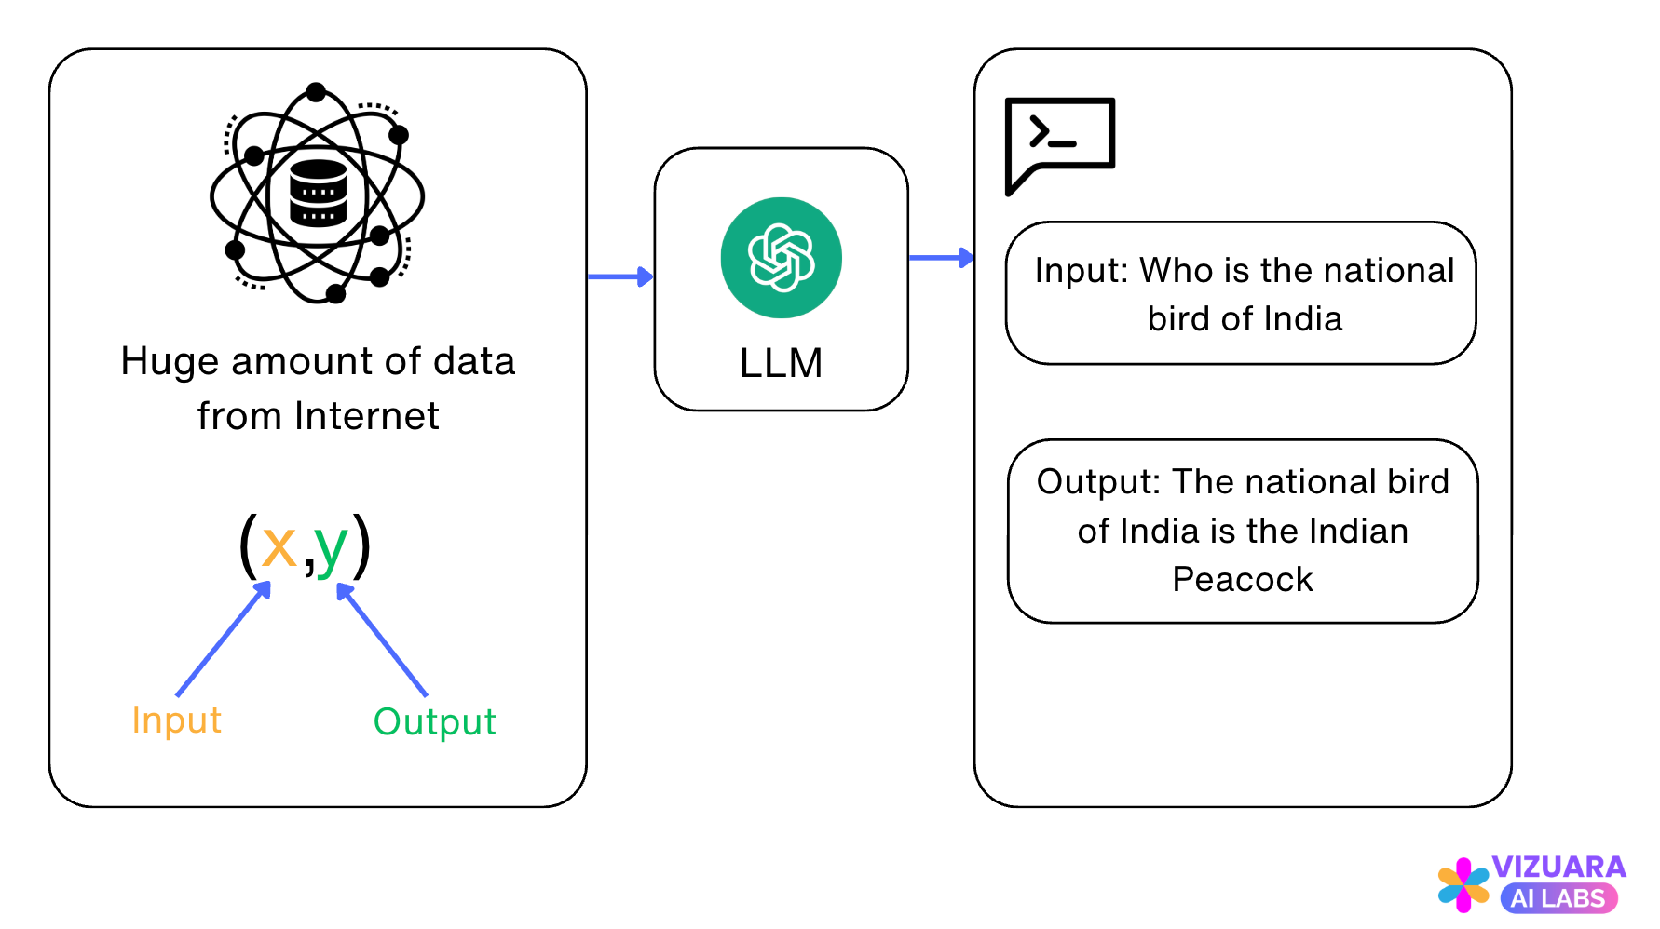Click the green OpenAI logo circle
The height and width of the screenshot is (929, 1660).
(781, 258)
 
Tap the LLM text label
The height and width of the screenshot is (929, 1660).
(781, 363)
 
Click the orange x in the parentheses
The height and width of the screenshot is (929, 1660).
(279, 546)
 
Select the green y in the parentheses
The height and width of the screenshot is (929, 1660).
(331, 547)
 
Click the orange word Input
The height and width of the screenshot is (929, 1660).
(176, 720)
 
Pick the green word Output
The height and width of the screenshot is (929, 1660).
(434, 722)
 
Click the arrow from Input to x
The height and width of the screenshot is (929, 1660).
(223, 640)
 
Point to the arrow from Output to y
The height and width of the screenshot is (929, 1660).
(382, 640)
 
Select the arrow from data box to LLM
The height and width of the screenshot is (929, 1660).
(620, 276)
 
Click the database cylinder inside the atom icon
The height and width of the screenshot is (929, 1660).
(318, 194)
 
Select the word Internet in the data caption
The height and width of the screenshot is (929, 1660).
(366, 416)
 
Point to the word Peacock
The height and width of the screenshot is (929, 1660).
(1243, 580)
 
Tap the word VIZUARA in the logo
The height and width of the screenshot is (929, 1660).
(1558, 867)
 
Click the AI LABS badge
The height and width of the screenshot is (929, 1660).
(1558, 898)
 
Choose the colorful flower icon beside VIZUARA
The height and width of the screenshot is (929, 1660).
(1463, 884)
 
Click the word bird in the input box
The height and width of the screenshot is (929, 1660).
(1178, 319)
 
